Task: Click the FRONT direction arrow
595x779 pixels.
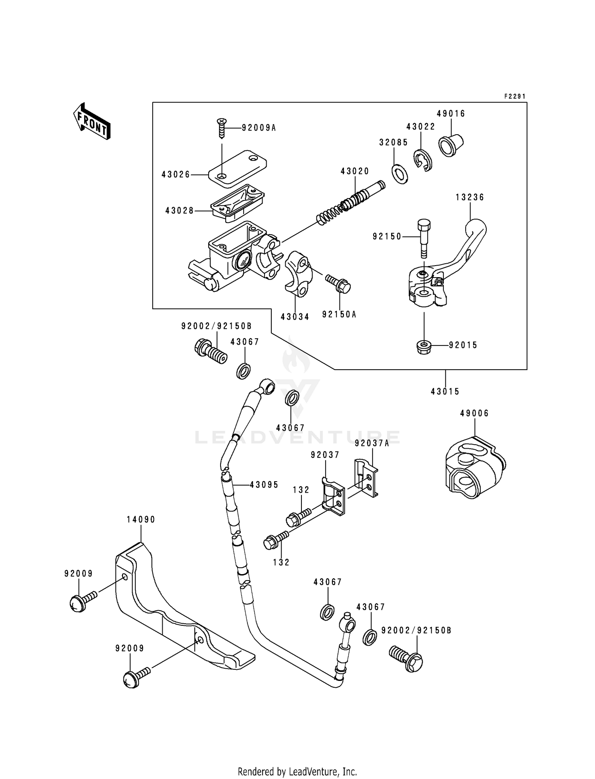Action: pos(92,121)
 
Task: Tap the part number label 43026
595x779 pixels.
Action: pos(176,175)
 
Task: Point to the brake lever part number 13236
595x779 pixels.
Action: pos(470,197)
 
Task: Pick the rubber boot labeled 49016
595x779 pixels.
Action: pos(451,145)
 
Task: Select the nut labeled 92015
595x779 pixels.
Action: pos(424,347)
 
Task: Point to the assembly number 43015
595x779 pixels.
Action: pos(445,392)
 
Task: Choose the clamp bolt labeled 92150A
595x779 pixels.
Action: pos(338,284)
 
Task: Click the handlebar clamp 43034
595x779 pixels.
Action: pos(299,274)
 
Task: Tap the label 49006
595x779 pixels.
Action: pos(474,413)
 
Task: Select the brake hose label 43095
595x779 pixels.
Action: pos(264,485)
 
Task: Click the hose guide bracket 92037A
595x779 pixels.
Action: pos(366,478)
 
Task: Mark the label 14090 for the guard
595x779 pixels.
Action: pos(141,520)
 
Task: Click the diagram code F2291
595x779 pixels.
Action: pos(515,96)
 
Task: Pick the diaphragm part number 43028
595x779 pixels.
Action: pos(180,211)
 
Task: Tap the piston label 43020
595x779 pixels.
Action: pos(355,171)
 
